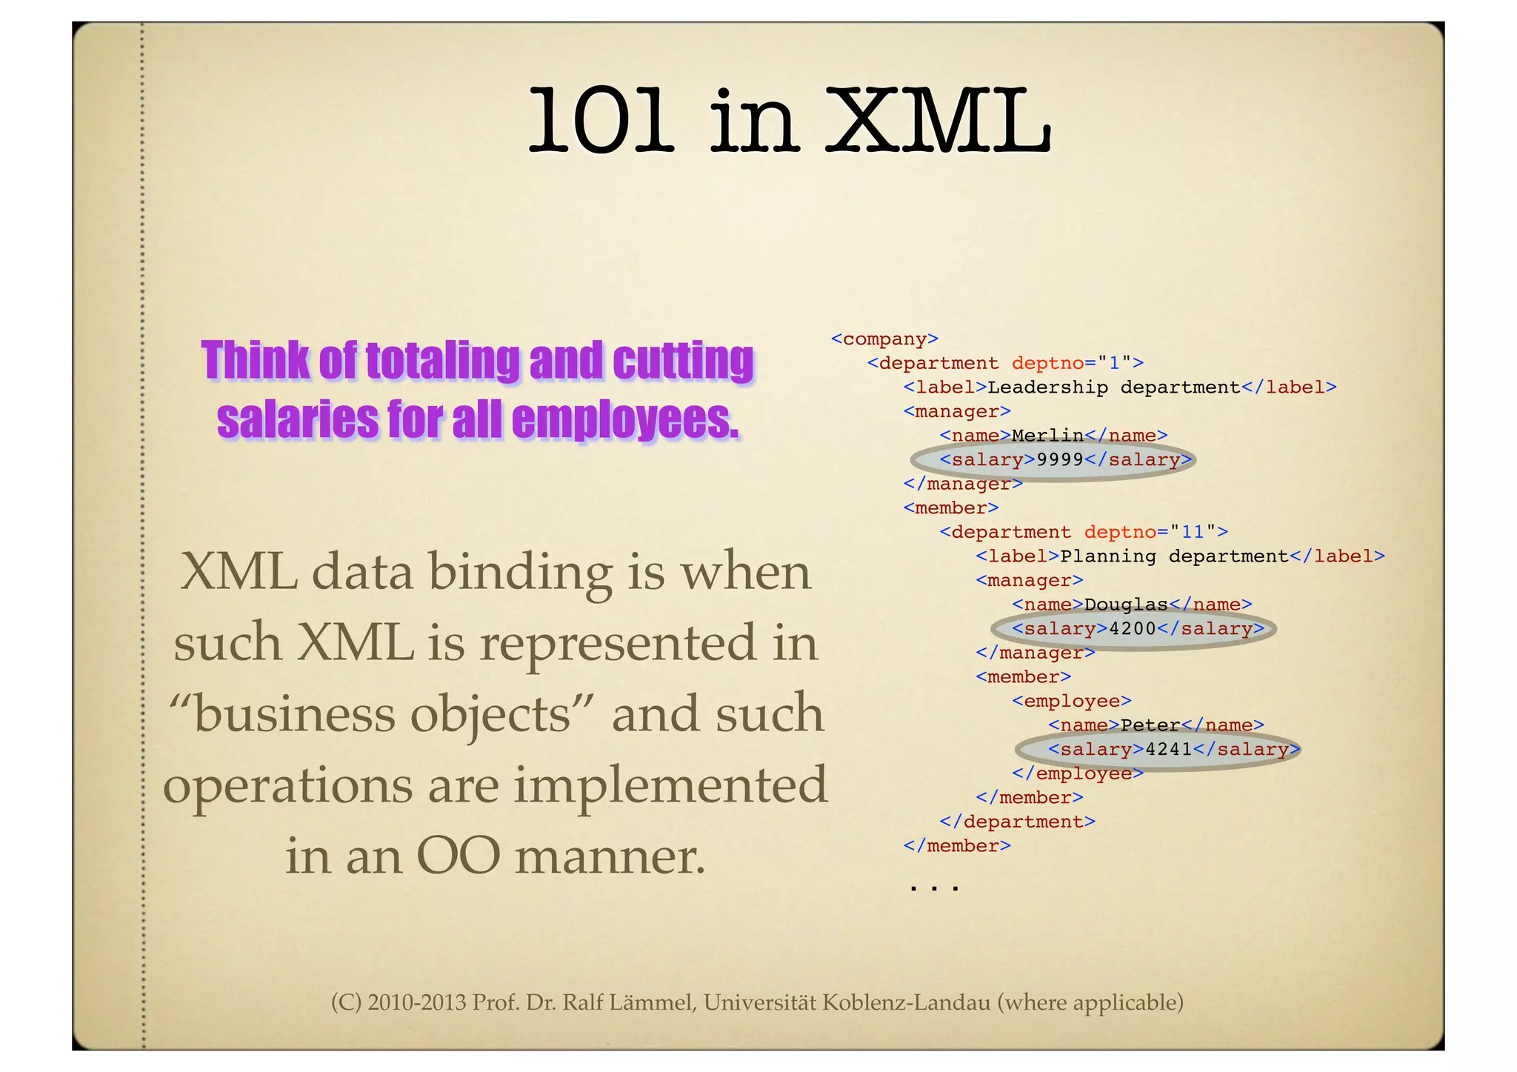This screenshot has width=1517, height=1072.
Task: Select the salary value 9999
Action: pos(1060,460)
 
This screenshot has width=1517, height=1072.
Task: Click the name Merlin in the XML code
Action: pos(1047,436)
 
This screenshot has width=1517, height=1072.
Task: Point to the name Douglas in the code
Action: pos(1126,605)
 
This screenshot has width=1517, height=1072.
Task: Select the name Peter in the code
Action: pos(1150,725)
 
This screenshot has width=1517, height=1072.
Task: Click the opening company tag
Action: pos(884,339)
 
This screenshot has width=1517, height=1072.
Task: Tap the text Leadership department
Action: pos(1113,387)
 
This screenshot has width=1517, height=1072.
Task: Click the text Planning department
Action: pos(1174,556)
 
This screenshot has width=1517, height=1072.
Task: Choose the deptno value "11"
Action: pos(1193,532)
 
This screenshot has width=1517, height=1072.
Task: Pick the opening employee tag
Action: pos(1072,701)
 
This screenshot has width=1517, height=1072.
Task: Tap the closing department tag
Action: pos(1017,822)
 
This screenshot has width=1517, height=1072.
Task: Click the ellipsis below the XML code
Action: pos(934,885)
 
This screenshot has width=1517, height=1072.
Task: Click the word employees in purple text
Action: pos(624,420)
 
